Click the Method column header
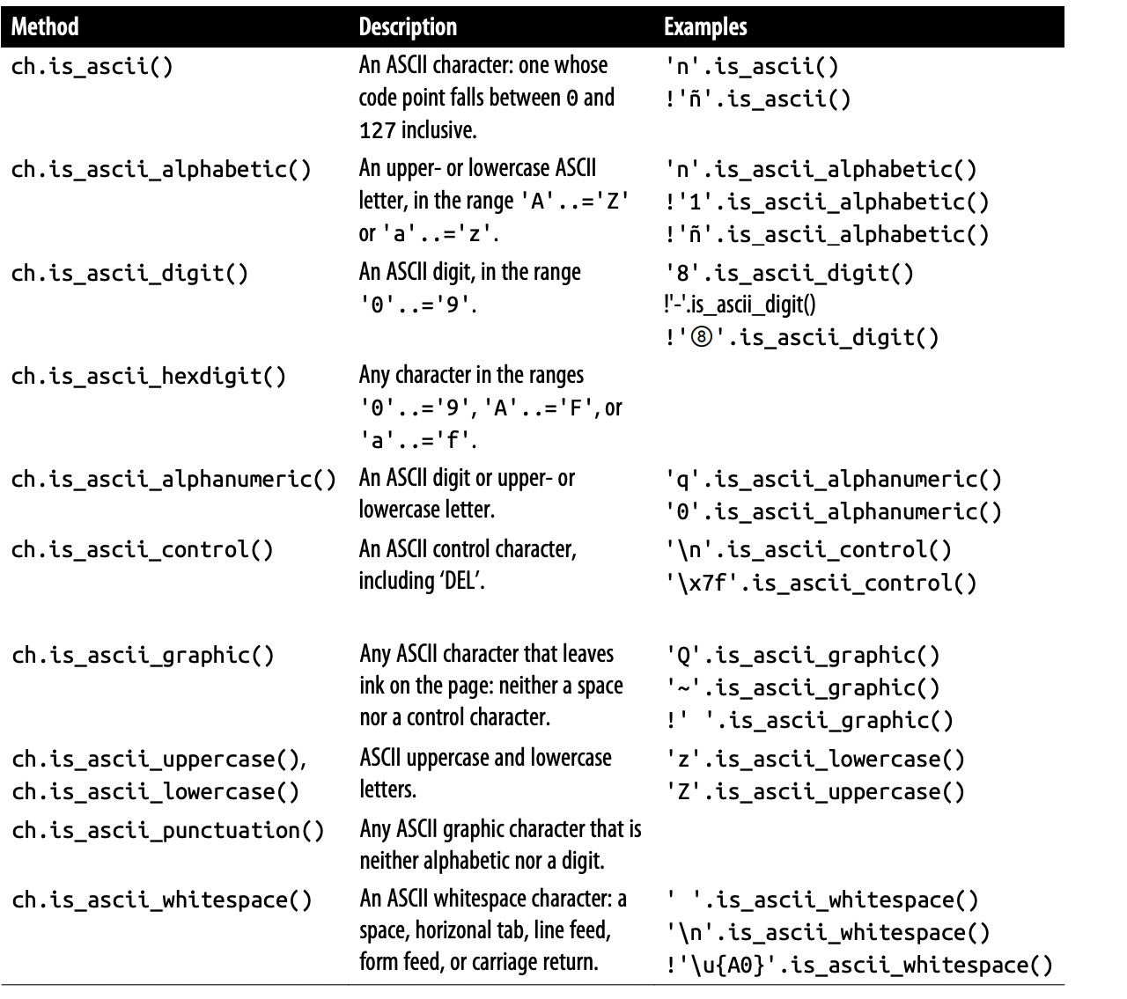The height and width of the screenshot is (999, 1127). pos(45,26)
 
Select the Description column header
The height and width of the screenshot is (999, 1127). pos(408,26)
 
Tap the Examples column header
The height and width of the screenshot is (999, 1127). pos(705,26)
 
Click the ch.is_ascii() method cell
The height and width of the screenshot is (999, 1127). pos(92,67)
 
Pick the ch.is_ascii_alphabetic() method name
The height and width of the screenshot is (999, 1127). pos(161,169)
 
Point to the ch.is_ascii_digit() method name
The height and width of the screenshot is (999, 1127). pos(129,273)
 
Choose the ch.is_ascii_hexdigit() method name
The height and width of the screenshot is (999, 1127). pos(149,377)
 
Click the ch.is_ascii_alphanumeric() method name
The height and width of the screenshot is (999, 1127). pos(173,480)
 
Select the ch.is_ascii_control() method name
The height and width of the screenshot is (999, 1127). pos(143,550)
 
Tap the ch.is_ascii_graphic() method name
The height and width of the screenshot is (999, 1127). pos(143,656)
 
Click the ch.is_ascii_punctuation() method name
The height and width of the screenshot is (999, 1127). pos(168,830)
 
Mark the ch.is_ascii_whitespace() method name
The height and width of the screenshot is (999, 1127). pos(161,900)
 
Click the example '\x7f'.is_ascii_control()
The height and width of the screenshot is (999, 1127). pos(821,583)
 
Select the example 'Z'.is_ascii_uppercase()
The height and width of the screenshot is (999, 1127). pos(814,791)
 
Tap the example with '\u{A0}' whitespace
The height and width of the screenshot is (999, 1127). pos(858,966)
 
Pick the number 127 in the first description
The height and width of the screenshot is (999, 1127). pos(377,131)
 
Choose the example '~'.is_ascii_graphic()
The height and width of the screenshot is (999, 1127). pos(802,687)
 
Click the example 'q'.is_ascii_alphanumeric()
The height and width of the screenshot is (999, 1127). pos(833,480)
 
